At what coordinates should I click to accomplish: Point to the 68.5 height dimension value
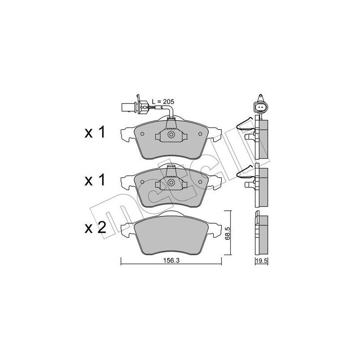(228, 234)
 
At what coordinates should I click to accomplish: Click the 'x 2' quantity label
(95, 227)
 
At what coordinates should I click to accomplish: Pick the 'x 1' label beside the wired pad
(95, 133)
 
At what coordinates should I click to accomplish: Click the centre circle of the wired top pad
(171, 135)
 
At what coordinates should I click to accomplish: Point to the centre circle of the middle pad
(171, 182)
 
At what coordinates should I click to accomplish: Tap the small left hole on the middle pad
(142, 182)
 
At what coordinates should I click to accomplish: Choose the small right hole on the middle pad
(200, 182)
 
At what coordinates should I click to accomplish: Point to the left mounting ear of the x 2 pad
(127, 227)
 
